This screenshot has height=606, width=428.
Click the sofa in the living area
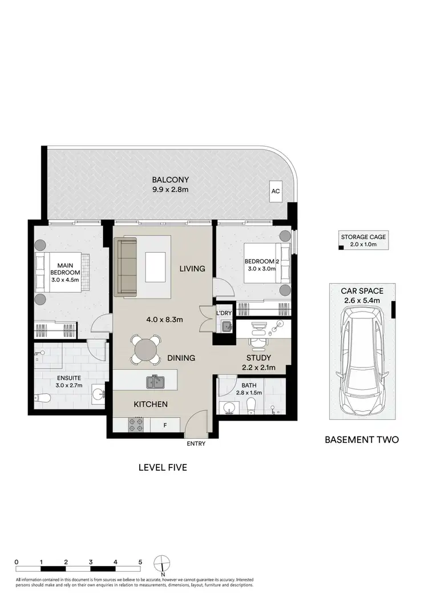tap(126, 267)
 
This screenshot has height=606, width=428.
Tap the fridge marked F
tap(165, 425)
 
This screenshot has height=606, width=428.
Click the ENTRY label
tap(195, 444)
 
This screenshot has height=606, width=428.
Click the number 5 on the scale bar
tap(140, 561)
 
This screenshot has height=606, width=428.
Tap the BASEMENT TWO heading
tap(361, 439)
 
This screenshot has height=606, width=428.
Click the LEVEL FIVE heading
tap(163, 467)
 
